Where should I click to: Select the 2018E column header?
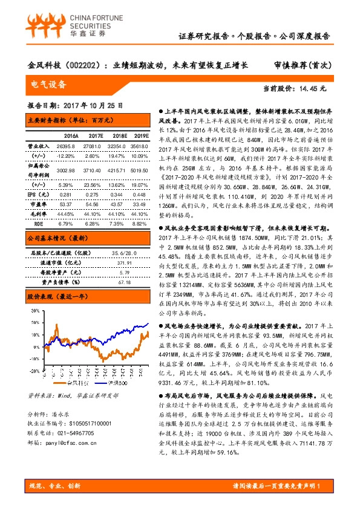coord(116,137)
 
